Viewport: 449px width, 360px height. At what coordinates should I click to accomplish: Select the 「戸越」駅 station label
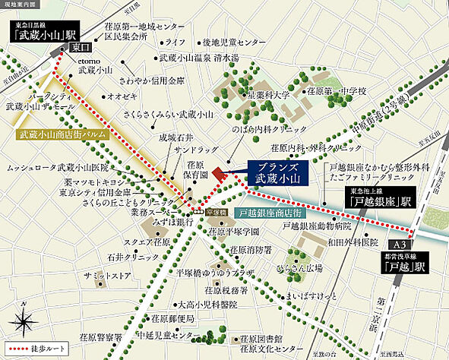click(x=400, y=267)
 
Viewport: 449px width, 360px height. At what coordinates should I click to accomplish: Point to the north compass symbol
click(x=24, y=312)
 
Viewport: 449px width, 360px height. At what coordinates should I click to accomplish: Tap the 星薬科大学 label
click(x=267, y=96)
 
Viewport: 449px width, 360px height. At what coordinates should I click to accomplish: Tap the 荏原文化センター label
click(x=265, y=349)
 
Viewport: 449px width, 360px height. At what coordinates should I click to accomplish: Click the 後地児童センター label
click(x=233, y=43)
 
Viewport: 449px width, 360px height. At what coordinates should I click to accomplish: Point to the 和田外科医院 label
click(x=348, y=243)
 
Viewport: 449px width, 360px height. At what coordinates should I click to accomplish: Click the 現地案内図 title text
click(x=20, y=5)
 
